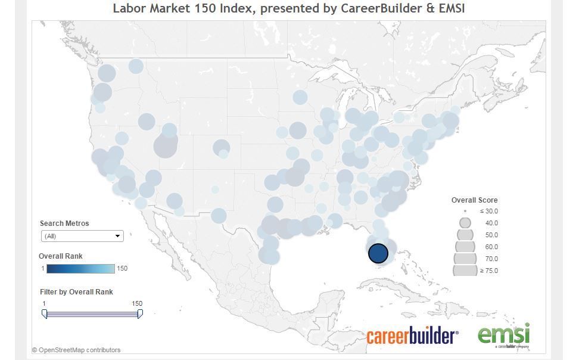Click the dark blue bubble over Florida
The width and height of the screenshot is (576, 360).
[378, 253]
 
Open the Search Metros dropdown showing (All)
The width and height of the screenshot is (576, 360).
[82, 236]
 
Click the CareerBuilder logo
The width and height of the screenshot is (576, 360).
[412, 336]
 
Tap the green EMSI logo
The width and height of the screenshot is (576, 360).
[503, 335]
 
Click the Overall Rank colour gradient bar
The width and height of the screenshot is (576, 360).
[81, 268]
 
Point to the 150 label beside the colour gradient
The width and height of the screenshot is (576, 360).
[122, 268]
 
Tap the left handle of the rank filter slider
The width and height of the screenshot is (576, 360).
[45, 314]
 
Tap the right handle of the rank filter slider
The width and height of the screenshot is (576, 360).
[140, 314]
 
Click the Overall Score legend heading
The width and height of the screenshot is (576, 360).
[474, 200]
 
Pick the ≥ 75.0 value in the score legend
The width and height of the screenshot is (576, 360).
[489, 271]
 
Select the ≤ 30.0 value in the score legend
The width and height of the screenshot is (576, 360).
[489, 211]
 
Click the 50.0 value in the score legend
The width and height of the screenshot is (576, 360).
[491, 235]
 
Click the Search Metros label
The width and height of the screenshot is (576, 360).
[64, 224]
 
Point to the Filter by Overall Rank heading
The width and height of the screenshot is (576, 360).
[76, 292]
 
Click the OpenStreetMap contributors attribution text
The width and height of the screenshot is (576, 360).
[76, 350]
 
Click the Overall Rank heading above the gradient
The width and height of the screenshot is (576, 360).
[61, 256]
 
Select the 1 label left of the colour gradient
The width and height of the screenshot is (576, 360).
[43, 268]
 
